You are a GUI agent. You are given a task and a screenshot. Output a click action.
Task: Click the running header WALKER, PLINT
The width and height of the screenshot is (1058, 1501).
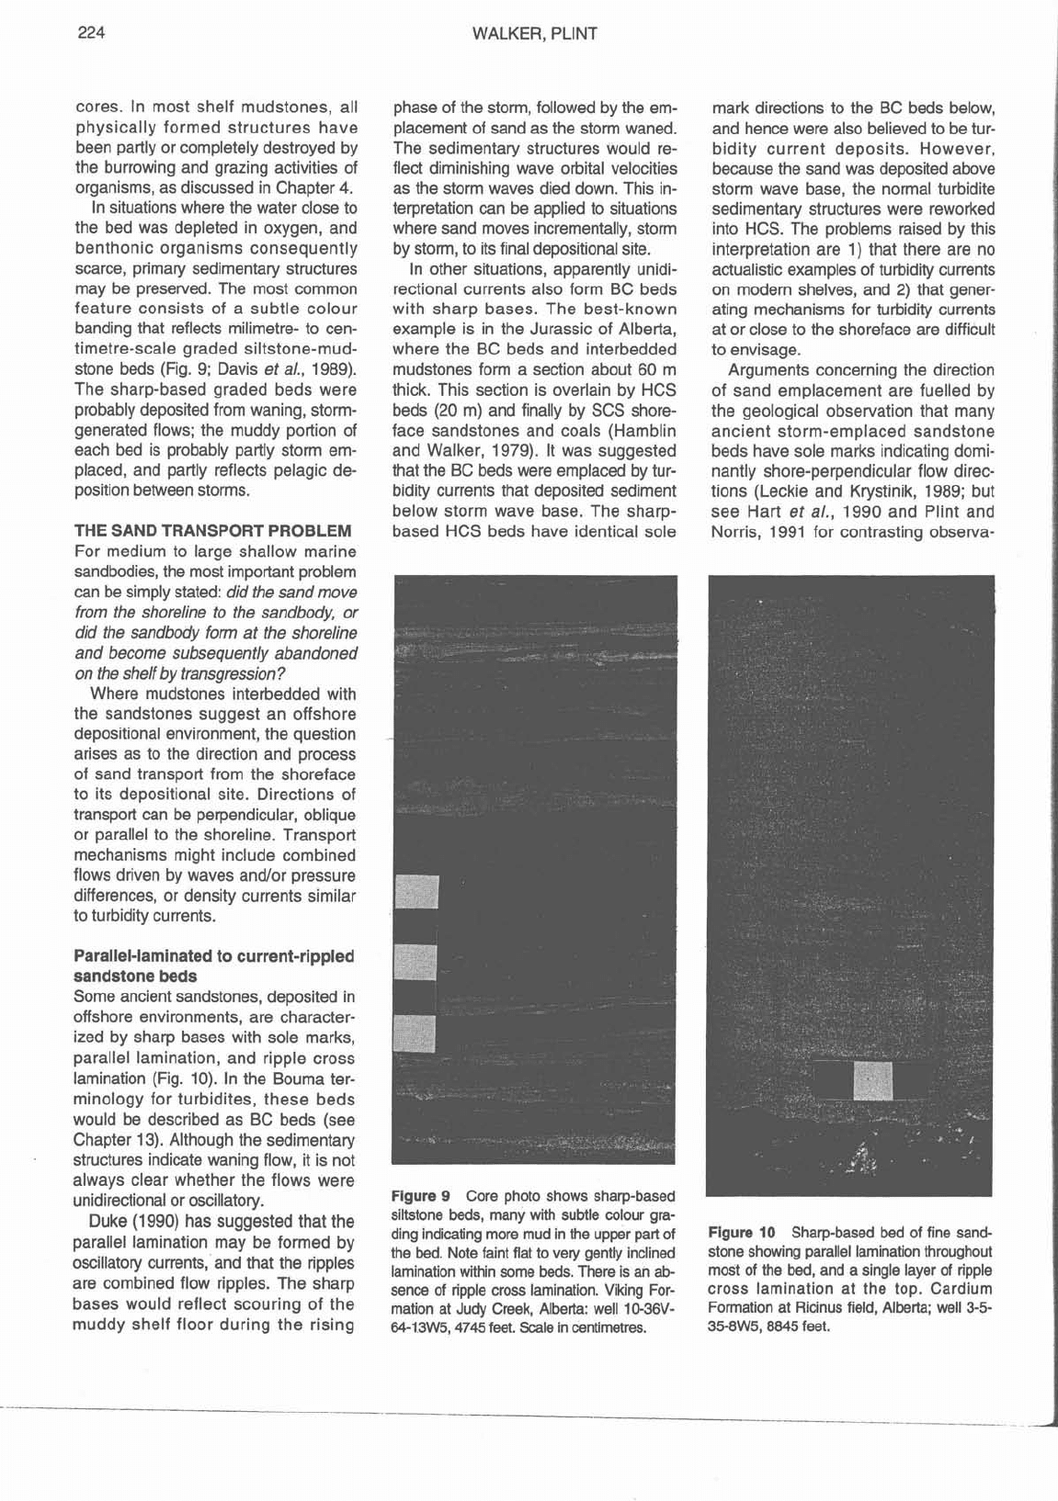534,35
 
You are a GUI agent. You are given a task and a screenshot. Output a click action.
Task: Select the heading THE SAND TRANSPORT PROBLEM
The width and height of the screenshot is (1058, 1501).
211,531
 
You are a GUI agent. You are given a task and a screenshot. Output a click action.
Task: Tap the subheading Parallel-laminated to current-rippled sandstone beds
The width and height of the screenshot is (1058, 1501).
213,965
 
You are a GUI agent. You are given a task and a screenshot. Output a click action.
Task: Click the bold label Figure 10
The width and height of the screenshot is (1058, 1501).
743,1232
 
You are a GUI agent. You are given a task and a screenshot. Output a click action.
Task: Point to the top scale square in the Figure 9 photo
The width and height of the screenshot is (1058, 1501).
415,891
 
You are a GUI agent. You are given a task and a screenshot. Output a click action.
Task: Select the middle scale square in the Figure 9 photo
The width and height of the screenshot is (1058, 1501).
414,962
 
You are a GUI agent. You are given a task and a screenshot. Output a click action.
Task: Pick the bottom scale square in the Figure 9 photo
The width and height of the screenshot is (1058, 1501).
414,1033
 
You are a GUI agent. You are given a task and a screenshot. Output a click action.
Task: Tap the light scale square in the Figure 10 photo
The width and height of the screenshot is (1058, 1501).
872,1080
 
